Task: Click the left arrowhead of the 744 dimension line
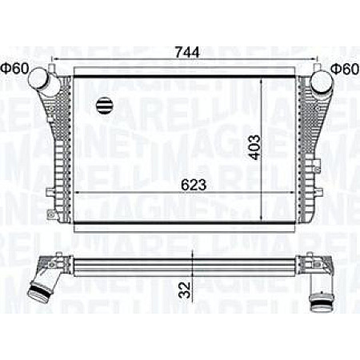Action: [x=53, y=62]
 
